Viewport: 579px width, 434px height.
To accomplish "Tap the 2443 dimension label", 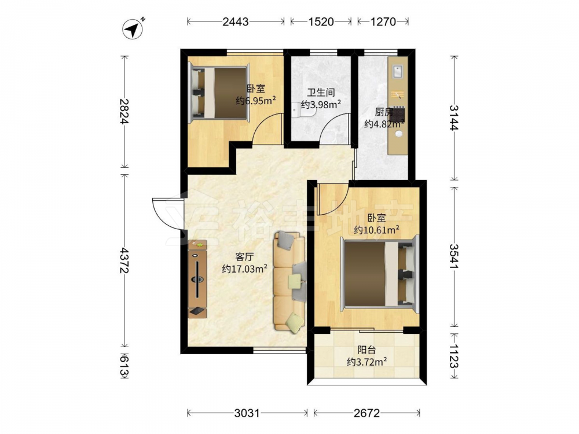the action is point(236,22).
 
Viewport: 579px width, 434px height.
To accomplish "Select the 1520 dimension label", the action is point(321,22).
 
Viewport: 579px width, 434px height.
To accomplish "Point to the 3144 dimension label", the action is point(454,117).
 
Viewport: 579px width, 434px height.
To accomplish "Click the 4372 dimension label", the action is point(124,260).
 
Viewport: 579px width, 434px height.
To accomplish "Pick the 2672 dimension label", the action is point(367,413).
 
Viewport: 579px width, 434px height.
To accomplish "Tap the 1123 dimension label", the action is point(454,356).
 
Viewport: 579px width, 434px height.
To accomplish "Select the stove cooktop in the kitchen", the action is point(399,113).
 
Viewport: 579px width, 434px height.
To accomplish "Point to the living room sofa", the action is point(290,281).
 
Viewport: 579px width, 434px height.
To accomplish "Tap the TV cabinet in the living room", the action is point(197,279).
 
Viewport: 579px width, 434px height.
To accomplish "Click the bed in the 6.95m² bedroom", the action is point(219,93).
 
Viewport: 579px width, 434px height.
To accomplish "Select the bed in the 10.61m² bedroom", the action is point(380,274).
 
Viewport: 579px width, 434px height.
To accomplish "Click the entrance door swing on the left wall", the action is point(168,215).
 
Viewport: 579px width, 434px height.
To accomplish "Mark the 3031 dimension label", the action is point(247,413).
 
